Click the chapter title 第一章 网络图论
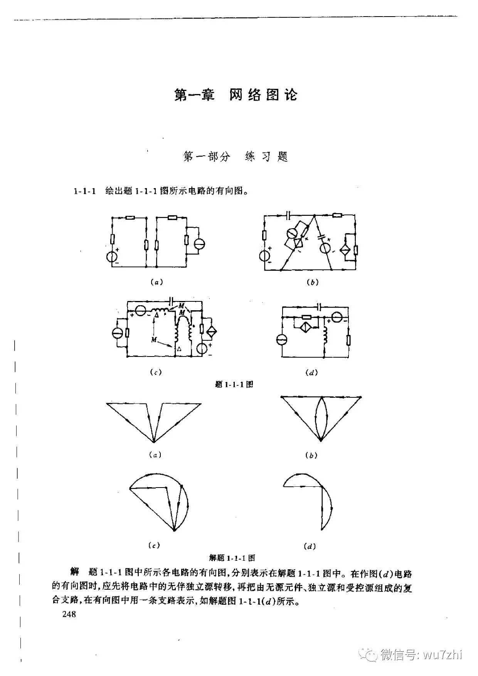(x=236, y=95)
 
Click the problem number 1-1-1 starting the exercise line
(x=84, y=191)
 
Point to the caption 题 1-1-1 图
(x=234, y=384)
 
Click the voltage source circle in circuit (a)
(x=113, y=256)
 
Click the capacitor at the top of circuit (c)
(x=172, y=300)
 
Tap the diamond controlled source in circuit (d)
(x=307, y=326)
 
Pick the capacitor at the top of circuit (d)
(x=318, y=306)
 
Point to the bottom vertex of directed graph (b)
(x=321, y=440)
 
